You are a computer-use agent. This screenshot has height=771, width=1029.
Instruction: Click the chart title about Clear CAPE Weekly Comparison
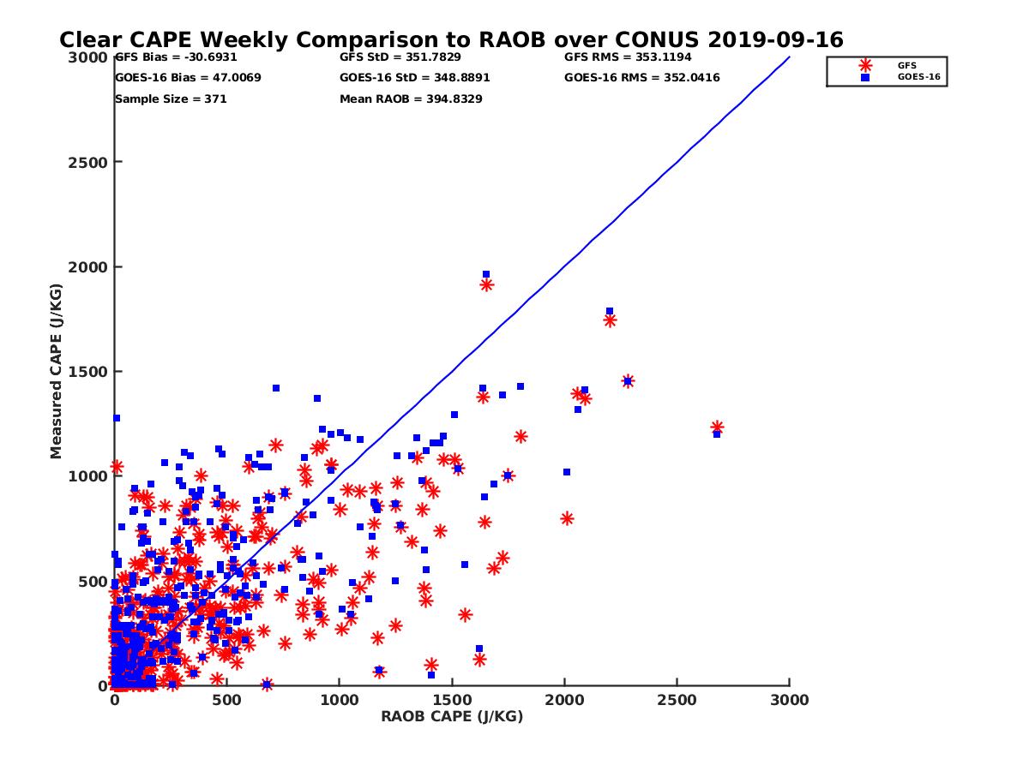(451, 40)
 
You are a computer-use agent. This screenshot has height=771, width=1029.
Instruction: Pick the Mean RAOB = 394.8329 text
(411, 99)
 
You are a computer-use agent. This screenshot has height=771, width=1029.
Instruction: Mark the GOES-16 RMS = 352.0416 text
(641, 78)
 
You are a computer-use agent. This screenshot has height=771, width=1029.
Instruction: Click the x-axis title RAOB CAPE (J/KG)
(452, 717)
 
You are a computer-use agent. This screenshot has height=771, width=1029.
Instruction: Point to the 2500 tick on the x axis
(677, 700)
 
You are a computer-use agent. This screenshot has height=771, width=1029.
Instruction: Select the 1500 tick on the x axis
(452, 700)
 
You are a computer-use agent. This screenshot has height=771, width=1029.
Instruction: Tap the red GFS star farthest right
(717, 427)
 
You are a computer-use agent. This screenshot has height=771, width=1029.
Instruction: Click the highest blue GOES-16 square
(486, 274)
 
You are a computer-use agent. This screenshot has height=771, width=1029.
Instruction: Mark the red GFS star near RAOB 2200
(610, 320)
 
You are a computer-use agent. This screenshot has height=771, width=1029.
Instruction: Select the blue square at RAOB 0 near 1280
(117, 418)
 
